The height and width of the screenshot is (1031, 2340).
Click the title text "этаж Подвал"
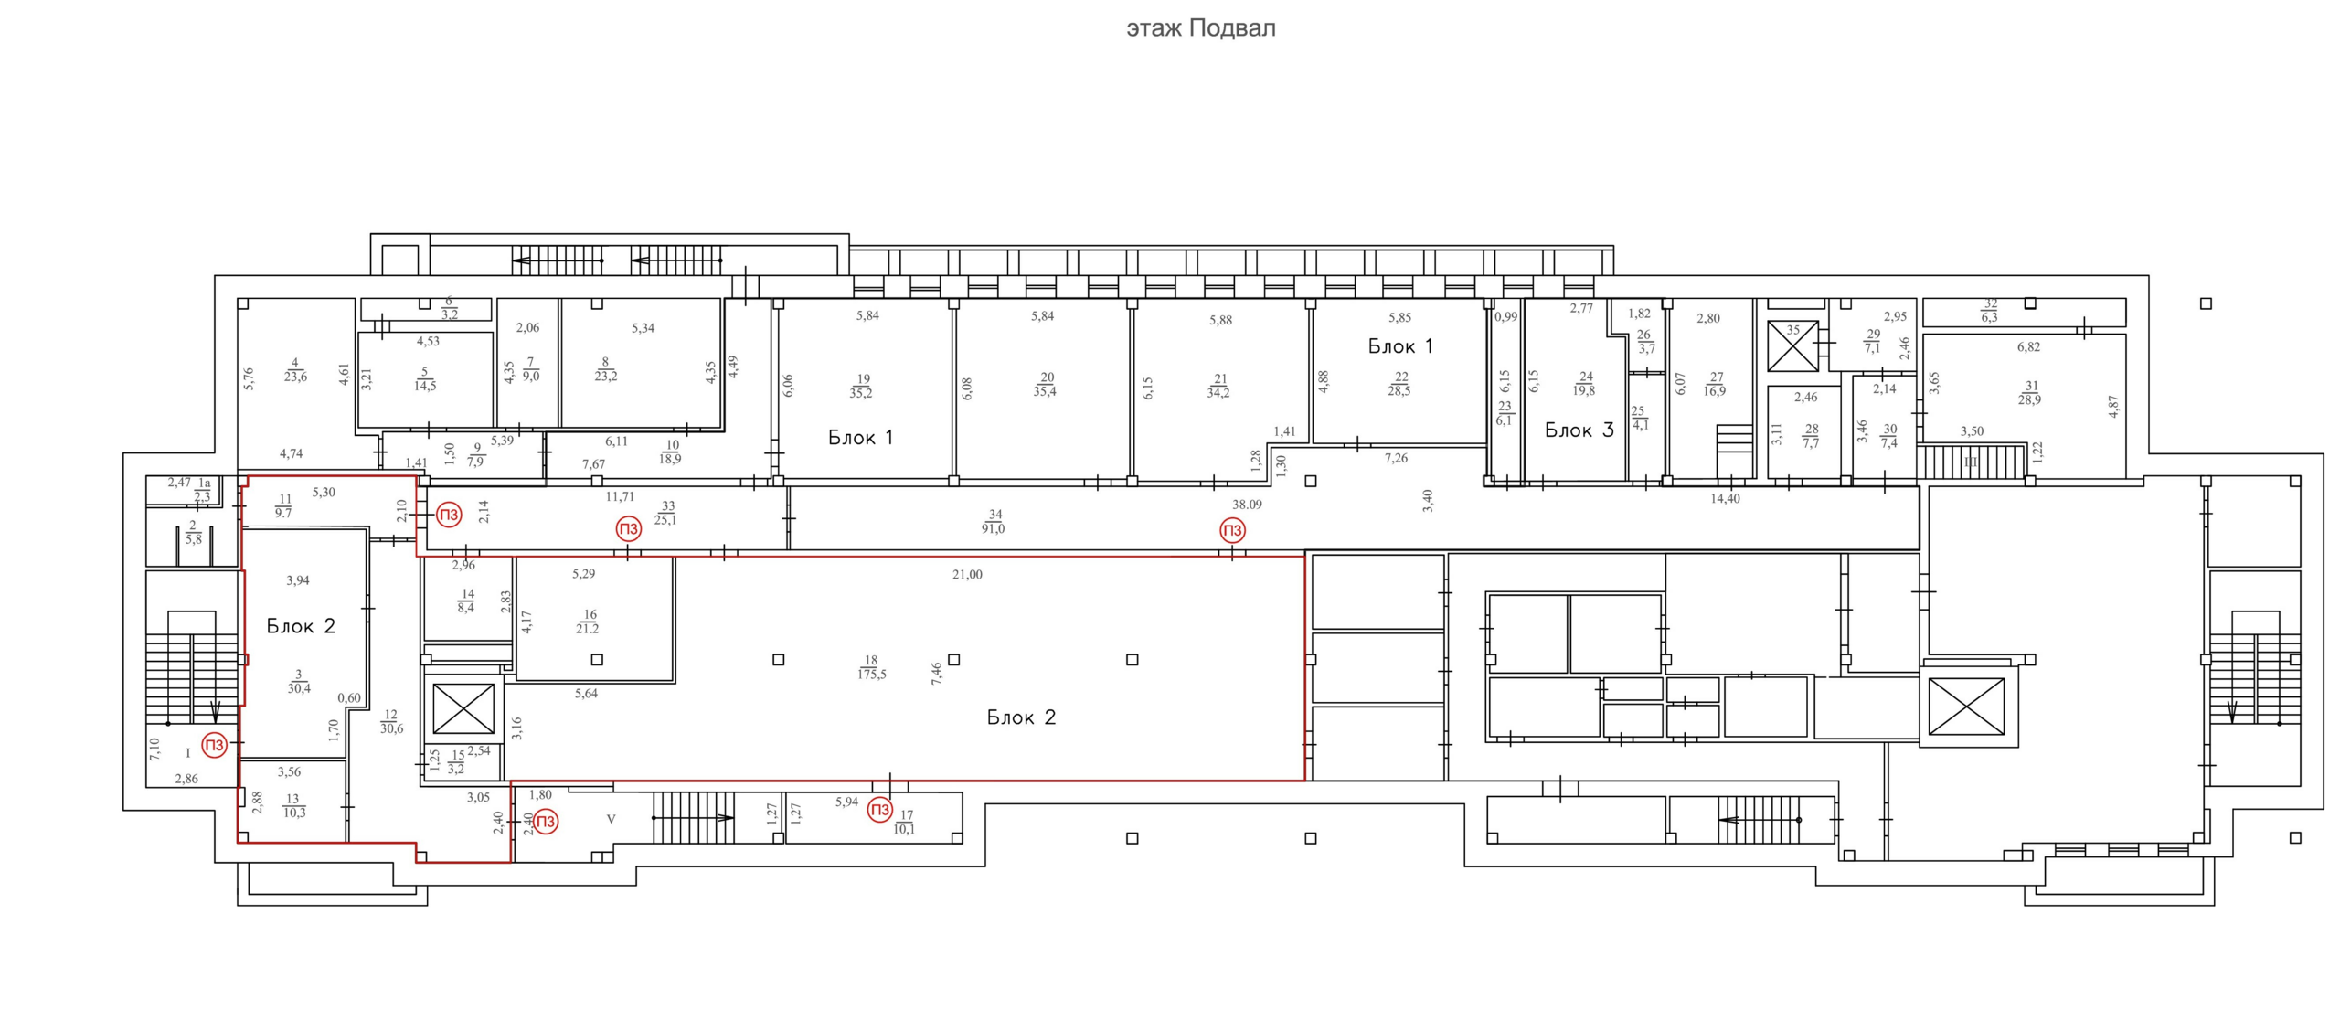(x=1200, y=28)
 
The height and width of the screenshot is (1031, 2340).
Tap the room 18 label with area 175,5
(x=871, y=667)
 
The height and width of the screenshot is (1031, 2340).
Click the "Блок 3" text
(x=1579, y=430)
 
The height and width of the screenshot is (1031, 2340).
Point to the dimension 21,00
(x=967, y=574)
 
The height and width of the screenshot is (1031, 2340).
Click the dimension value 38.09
(x=1247, y=504)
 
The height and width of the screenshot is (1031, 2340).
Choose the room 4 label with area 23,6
(x=295, y=370)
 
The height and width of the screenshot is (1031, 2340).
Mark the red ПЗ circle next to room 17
(x=879, y=809)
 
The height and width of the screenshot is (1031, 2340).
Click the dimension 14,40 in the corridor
(x=1725, y=498)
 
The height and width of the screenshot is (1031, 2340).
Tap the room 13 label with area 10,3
(x=293, y=805)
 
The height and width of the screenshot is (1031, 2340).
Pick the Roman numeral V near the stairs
(x=612, y=819)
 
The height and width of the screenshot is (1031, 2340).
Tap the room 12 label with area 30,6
(x=391, y=721)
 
